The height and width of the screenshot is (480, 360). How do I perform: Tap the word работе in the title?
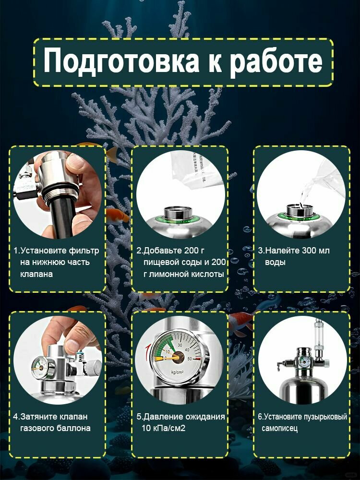click(276, 62)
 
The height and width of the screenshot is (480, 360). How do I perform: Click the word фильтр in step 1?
click(84, 251)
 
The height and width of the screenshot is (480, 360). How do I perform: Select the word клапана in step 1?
click(36, 274)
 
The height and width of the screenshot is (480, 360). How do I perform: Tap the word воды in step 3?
click(275, 263)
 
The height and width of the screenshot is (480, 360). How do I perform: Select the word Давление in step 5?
click(163, 417)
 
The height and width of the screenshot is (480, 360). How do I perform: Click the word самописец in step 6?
click(279, 428)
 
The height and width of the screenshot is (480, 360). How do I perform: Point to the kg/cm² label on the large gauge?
click(178, 372)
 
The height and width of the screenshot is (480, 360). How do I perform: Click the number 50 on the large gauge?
click(190, 359)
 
